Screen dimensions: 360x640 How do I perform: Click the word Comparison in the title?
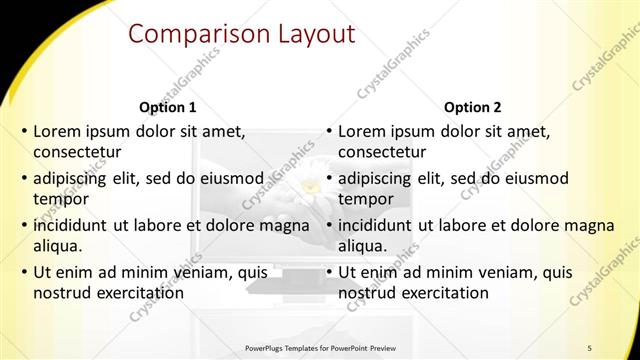(190, 35)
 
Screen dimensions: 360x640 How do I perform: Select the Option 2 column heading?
(472, 107)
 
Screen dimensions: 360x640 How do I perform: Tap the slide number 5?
(590, 347)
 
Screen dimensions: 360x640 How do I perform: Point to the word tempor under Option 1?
(60, 199)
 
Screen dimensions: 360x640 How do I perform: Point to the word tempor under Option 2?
(365, 199)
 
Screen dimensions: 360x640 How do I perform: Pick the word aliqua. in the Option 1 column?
(58, 246)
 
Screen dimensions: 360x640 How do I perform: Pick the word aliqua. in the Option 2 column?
(363, 246)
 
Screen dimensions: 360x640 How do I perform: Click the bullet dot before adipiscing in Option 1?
(24, 179)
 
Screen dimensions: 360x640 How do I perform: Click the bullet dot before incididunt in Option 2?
(329, 226)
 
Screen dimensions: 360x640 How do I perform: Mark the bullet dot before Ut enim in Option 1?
(24, 273)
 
